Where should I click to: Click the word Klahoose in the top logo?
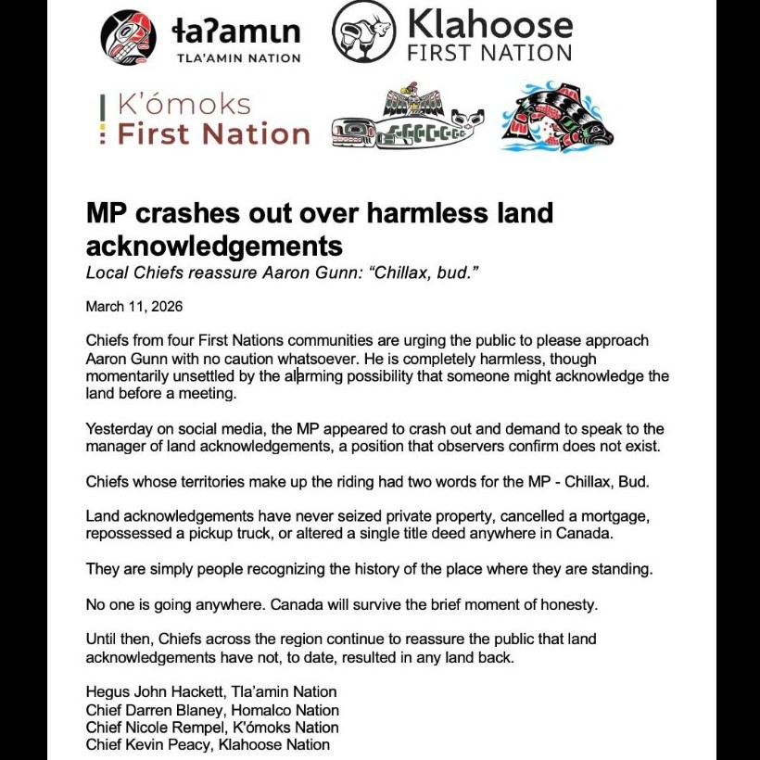489,23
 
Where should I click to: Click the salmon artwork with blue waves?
557,117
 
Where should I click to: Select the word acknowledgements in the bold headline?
214,246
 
